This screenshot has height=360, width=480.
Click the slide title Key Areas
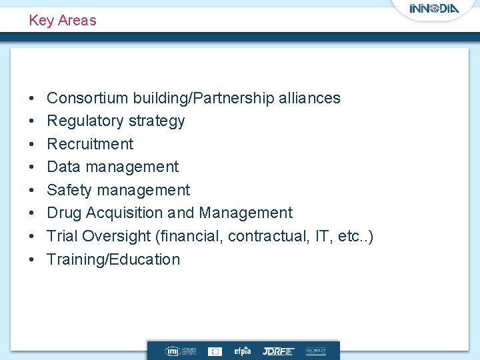[x=63, y=20]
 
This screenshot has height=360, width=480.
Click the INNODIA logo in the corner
[x=434, y=9]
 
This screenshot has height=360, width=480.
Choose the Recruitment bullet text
[x=90, y=144]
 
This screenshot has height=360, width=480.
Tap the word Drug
[x=63, y=213]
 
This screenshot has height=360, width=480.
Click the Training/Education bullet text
[x=113, y=259]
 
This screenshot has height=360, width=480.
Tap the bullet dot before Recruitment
[x=32, y=144]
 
